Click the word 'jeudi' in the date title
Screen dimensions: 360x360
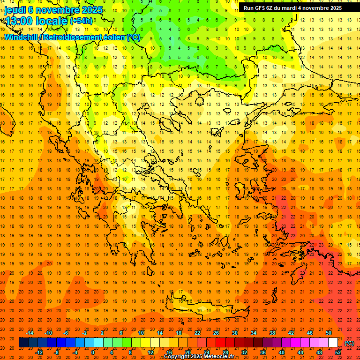point(15,10)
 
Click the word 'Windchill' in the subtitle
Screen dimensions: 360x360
point(21,37)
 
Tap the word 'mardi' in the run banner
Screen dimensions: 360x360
point(290,8)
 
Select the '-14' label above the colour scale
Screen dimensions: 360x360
point(30,333)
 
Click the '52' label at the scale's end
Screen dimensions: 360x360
point(338,352)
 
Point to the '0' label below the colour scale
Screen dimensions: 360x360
point(92,352)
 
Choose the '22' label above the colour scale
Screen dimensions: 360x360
point(197,333)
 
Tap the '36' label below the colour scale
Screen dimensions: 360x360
point(262,352)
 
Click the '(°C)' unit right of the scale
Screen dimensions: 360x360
point(349,343)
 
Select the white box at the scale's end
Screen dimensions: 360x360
point(333,343)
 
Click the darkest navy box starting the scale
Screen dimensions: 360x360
point(23,343)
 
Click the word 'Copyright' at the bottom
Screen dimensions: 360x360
point(178,357)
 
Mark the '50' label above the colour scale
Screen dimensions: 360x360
point(329,333)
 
